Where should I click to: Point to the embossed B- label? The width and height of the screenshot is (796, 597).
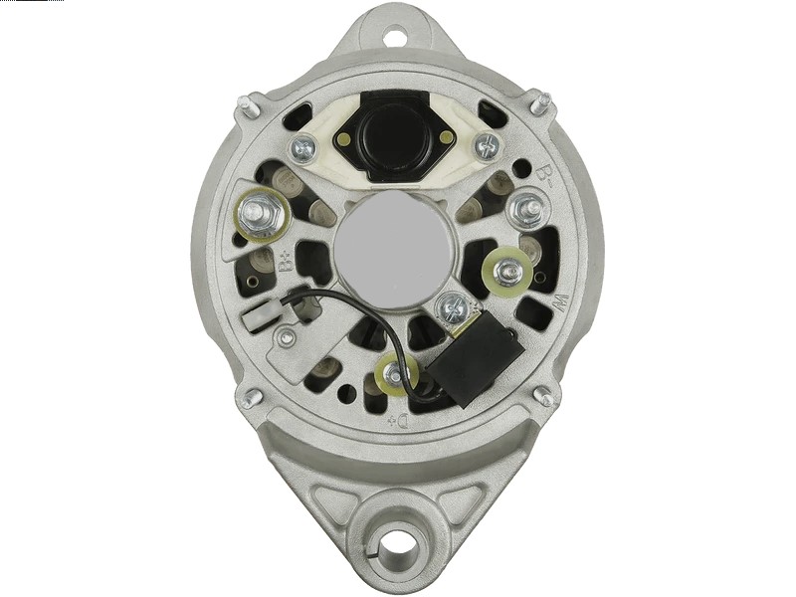(x=543, y=178)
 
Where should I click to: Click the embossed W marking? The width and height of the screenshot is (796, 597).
(x=556, y=300)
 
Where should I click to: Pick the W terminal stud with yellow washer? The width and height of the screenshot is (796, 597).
(x=510, y=269)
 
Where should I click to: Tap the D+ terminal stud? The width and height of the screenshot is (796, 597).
(x=396, y=374)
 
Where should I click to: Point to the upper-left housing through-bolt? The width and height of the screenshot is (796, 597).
(x=246, y=104)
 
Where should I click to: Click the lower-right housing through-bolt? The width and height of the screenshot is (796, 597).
(x=544, y=395)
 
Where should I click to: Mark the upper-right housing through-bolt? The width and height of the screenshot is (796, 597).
(x=543, y=102)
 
